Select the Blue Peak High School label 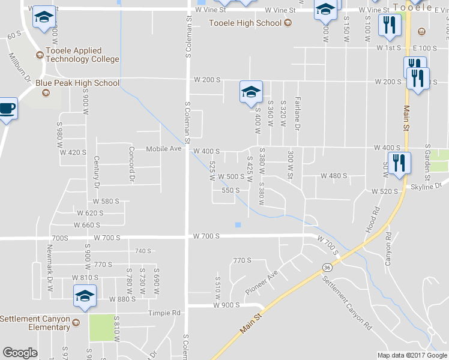coord(77,83)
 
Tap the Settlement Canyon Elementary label coord(35,323)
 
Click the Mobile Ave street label coord(164,148)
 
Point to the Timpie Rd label coord(167,313)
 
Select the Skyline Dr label coord(426,187)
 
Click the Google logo coord(20,353)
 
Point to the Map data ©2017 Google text coord(412,355)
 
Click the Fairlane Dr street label coord(297,113)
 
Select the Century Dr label coord(96,171)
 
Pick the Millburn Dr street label coord(19,66)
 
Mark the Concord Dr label coord(131,163)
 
